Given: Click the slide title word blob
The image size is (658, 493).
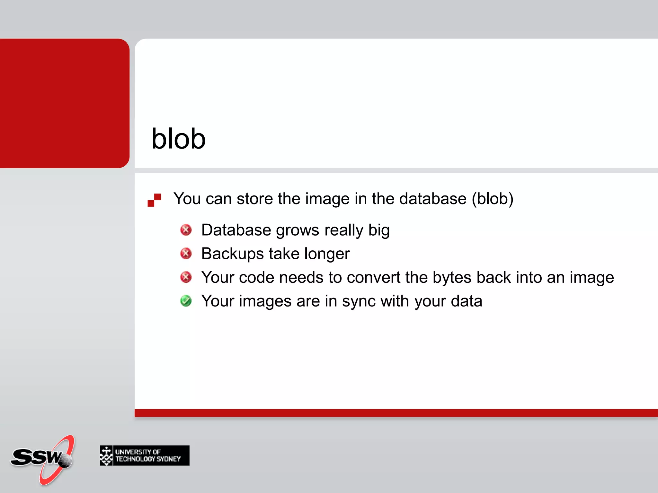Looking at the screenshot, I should click(x=178, y=139).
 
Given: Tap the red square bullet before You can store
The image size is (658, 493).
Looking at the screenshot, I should click(x=154, y=200).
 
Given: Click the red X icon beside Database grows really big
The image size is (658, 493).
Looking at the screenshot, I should click(x=186, y=230).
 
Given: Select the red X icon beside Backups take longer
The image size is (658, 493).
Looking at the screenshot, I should click(x=186, y=254).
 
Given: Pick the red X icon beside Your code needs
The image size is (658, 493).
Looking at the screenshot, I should click(x=186, y=277).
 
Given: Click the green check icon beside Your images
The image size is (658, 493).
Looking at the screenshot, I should click(x=186, y=301).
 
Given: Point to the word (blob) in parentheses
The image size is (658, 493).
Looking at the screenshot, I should click(x=493, y=199).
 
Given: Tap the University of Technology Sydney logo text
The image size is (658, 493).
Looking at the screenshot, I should click(x=148, y=455).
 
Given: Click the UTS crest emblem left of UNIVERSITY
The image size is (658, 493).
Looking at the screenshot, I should click(x=106, y=455).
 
